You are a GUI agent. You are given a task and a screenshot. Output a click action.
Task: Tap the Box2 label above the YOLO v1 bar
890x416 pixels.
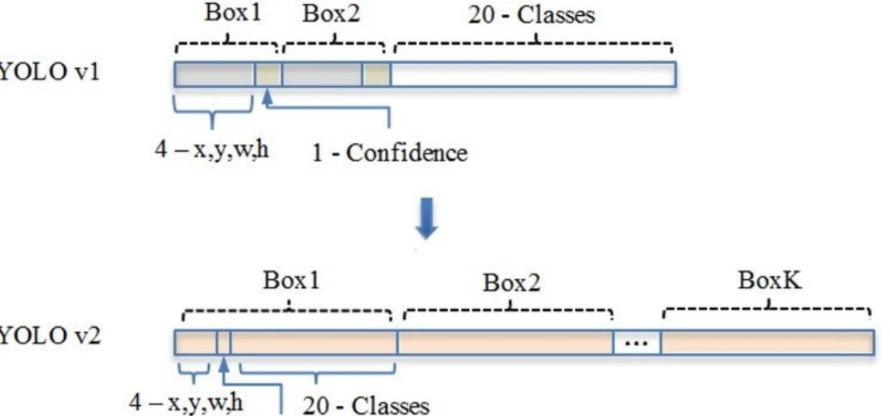(x=332, y=15)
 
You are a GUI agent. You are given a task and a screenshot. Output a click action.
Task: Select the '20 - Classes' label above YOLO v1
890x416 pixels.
(x=531, y=15)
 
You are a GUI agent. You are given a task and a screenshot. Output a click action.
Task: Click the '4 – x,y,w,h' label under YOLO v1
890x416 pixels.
(x=210, y=150)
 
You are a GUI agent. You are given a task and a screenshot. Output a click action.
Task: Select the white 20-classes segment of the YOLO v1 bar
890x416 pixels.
(x=533, y=74)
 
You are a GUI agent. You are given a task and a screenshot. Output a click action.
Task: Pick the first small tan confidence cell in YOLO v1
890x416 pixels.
(x=268, y=74)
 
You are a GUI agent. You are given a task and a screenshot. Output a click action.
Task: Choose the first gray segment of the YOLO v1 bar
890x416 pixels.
(x=214, y=74)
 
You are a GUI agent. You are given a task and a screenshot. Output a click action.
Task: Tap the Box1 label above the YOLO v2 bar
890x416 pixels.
(x=289, y=283)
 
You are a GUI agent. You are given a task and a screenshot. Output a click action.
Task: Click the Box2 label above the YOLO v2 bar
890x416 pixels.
(x=511, y=285)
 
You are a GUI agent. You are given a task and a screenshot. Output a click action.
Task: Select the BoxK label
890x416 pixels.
(x=767, y=283)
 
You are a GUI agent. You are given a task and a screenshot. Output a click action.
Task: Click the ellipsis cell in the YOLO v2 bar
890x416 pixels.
(x=637, y=342)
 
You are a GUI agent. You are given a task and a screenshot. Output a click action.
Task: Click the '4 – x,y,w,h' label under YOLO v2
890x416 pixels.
(x=189, y=402)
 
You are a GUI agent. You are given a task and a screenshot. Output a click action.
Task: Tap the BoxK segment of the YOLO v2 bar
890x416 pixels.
(x=767, y=342)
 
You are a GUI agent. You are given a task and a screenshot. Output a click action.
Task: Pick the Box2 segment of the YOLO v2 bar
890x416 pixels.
(x=505, y=342)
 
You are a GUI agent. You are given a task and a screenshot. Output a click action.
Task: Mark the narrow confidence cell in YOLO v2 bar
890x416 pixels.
(x=224, y=342)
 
